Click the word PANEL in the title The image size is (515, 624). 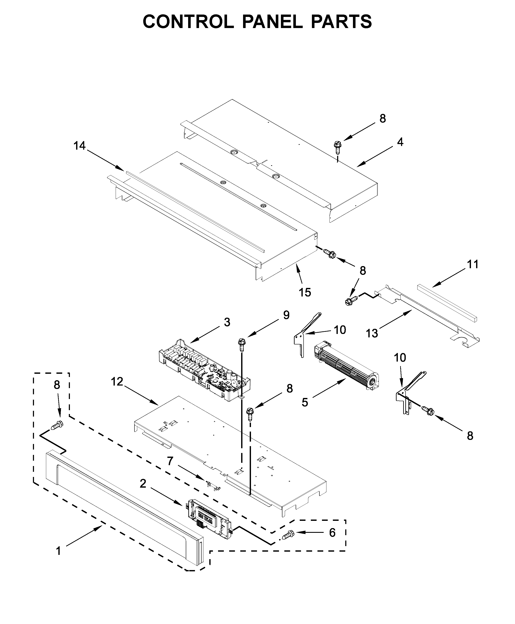click(272, 21)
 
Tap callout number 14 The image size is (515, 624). click(80, 146)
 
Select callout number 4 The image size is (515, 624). click(400, 142)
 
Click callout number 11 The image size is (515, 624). click(473, 264)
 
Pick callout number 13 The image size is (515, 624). click(372, 334)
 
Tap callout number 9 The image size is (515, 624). click(286, 315)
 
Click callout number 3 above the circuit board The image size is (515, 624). click(227, 322)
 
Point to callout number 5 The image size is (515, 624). click(305, 403)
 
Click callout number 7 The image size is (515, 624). click(170, 461)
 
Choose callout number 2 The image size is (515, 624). click(143, 484)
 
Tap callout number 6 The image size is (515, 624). click(332, 533)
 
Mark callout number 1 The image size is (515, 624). click(58, 551)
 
